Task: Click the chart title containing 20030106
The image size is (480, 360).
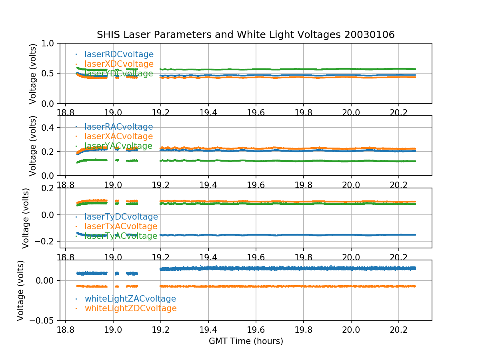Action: click(246, 35)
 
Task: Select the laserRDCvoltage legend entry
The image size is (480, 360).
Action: click(119, 54)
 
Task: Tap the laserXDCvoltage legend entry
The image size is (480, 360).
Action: click(119, 64)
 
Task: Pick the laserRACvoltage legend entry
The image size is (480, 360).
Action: click(118, 127)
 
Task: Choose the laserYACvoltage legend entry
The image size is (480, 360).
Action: click(118, 146)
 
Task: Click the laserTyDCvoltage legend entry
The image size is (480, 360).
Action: click(121, 217)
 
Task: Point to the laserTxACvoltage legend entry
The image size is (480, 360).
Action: click(121, 226)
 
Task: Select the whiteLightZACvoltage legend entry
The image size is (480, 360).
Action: click(130, 299)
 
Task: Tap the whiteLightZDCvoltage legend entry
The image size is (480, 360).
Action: click(130, 308)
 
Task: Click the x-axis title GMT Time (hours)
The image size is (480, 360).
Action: click(246, 341)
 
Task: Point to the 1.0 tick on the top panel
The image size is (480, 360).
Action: click(51, 43)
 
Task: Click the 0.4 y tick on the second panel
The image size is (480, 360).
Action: click(51, 128)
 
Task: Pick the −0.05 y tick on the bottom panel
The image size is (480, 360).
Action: click(44, 320)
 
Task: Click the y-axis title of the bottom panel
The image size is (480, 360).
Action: click(21, 290)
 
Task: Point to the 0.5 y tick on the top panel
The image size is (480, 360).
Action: click(51, 73)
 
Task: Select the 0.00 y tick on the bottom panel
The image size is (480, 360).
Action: click(47, 280)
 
